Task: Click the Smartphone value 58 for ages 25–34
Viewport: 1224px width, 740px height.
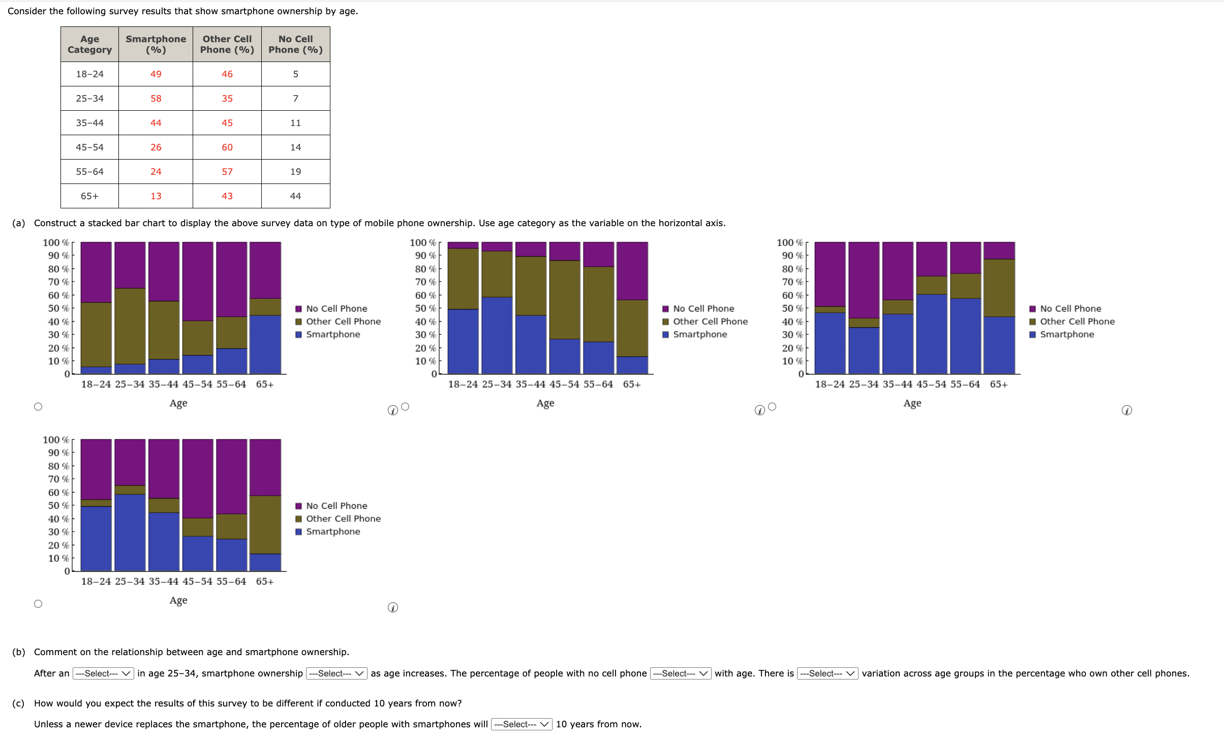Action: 156,99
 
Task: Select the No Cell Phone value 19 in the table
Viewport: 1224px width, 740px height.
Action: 295,172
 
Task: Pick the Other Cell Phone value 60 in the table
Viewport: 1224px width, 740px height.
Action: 227,147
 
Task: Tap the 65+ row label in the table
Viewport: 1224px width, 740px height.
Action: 89,196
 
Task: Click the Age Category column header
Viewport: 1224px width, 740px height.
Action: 89,44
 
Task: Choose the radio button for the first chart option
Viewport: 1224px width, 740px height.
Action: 38,407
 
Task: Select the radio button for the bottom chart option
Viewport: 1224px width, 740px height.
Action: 38,604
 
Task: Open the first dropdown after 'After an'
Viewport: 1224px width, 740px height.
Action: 103,673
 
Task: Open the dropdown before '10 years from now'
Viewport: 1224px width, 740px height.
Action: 522,724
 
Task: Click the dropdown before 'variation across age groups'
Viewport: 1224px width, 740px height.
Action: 827,673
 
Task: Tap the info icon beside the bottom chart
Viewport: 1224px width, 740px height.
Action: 393,608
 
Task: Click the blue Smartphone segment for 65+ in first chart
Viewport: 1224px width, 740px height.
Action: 265,345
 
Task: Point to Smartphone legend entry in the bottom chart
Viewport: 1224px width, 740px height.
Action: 333,532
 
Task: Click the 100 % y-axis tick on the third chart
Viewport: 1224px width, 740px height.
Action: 789,243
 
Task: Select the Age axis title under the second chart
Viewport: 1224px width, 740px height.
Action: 545,403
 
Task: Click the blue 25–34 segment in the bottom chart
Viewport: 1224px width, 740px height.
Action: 130,532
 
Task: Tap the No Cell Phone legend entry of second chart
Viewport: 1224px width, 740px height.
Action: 703,309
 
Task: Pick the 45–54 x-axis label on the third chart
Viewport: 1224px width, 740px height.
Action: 931,384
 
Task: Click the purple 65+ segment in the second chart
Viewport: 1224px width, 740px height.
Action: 632,271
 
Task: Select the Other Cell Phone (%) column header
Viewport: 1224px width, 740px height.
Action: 227,44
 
